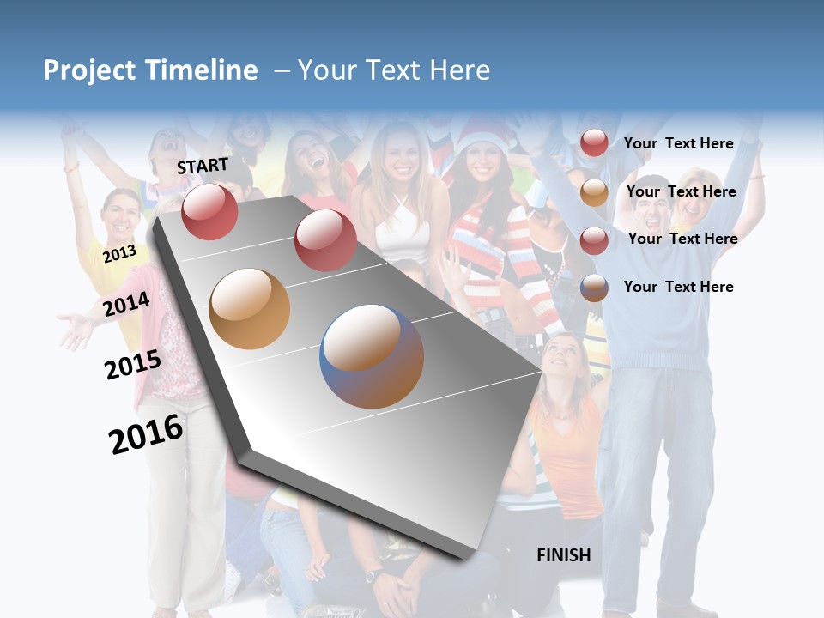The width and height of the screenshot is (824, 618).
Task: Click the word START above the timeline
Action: click(x=203, y=165)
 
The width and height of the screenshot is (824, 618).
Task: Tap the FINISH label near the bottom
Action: click(x=563, y=555)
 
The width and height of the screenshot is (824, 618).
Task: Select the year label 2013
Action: click(x=119, y=254)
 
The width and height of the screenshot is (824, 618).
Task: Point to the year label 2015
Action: click(x=132, y=365)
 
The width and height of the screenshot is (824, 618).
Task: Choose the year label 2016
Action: click(x=146, y=433)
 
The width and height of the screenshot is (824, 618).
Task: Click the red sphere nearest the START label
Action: click(x=209, y=211)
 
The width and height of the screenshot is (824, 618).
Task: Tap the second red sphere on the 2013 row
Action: click(x=325, y=240)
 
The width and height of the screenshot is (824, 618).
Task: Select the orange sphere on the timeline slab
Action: click(x=250, y=308)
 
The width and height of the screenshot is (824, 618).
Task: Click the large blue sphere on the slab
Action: click(x=372, y=356)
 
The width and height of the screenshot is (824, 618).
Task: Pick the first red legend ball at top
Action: click(x=594, y=142)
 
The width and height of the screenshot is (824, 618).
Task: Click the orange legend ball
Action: click(x=594, y=192)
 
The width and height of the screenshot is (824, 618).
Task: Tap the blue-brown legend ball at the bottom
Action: click(x=594, y=288)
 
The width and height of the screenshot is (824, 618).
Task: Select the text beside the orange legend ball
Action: click(x=681, y=191)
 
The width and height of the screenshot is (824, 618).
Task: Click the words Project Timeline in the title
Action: click(x=150, y=70)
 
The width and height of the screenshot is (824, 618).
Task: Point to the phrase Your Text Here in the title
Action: click(x=393, y=70)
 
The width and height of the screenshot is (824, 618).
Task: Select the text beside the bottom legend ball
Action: click(x=678, y=287)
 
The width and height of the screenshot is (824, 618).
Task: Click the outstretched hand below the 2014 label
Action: click(x=76, y=330)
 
